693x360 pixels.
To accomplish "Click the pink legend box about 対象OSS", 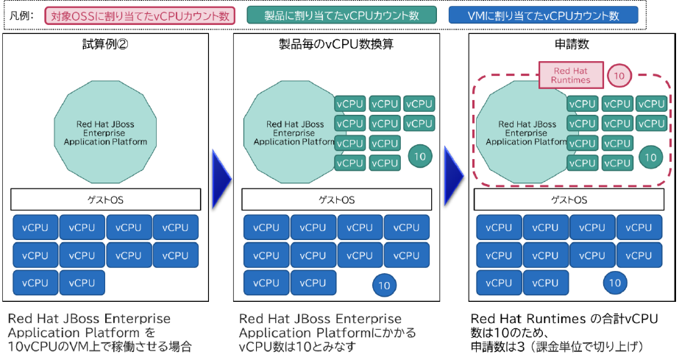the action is point(140,16).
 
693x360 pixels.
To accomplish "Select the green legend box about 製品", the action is point(341,15).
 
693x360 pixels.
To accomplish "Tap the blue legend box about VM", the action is point(543,15).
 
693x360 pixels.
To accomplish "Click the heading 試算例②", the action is point(105,44).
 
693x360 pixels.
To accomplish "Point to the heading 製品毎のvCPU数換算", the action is point(336,44).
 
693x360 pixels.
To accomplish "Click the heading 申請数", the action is point(572,44).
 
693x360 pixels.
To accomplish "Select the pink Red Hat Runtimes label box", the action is point(571,75).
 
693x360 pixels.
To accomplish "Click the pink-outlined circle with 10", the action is point(619,76).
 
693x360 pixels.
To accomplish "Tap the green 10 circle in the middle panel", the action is point(420,156).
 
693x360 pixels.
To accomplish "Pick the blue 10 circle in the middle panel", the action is point(384,285).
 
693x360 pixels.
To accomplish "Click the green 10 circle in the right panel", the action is point(650,158).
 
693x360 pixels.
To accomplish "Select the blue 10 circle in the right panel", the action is point(615,283).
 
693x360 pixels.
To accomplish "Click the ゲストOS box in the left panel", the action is point(106,200).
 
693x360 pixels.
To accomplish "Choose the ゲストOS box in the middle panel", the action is point(337,200).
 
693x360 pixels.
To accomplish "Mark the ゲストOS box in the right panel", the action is point(569,200).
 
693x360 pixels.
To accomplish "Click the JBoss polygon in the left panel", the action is point(105,132).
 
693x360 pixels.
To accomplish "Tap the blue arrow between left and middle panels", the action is point(222,179).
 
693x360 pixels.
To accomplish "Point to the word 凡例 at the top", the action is point(21,16).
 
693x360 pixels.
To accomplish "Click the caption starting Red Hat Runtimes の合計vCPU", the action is point(564,333).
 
